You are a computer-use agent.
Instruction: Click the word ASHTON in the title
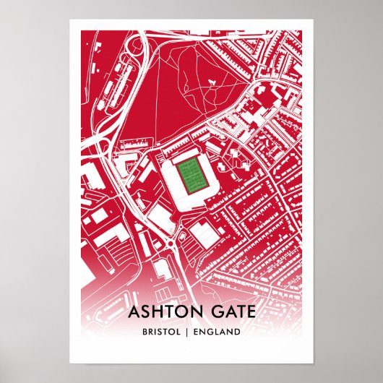click(164, 312)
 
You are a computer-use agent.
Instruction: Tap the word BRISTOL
click(162, 333)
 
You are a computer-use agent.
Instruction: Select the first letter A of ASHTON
click(132, 312)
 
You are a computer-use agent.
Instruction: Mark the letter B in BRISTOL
click(145, 333)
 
